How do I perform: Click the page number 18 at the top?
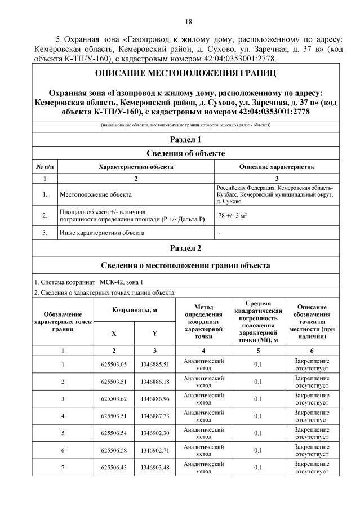point(189,21)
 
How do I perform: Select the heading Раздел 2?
point(185,247)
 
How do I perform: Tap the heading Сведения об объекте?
point(185,153)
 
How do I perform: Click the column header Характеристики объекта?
point(136,167)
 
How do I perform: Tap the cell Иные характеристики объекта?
point(102,232)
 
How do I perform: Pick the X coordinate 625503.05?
point(114,364)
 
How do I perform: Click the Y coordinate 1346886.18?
point(155,382)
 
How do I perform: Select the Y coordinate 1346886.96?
point(155,399)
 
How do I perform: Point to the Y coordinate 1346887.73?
point(155,416)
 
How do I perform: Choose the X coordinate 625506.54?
point(114,433)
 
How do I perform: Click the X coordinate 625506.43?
point(114,468)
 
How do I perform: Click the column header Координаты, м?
point(134,310)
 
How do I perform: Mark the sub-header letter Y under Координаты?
point(155,333)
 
